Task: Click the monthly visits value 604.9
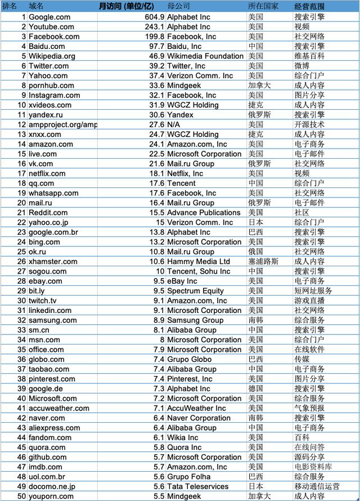click(x=150, y=17)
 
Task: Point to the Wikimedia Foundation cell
click(x=205, y=56)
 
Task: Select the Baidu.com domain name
click(x=47, y=46)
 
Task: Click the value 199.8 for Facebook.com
click(x=151, y=37)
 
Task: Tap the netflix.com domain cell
click(x=47, y=173)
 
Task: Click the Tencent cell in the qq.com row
click(x=182, y=184)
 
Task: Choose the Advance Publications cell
click(x=204, y=213)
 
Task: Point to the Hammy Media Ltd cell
click(x=199, y=262)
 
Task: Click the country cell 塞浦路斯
click(x=262, y=262)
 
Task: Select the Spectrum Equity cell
click(x=195, y=291)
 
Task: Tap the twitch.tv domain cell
click(x=43, y=301)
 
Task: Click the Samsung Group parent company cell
click(x=195, y=320)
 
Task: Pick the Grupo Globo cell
click(x=189, y=359)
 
